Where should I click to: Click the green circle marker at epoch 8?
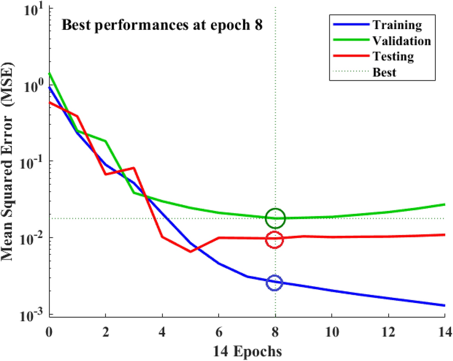275,218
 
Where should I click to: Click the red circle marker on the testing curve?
275,239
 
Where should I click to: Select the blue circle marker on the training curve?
275,283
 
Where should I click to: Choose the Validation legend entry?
402,41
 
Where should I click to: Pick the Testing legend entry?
393,57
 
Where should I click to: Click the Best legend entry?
384,72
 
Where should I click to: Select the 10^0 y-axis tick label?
31,87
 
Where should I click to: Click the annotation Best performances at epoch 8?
162,25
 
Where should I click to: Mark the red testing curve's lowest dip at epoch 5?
190,252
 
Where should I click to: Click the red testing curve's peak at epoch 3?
134,168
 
